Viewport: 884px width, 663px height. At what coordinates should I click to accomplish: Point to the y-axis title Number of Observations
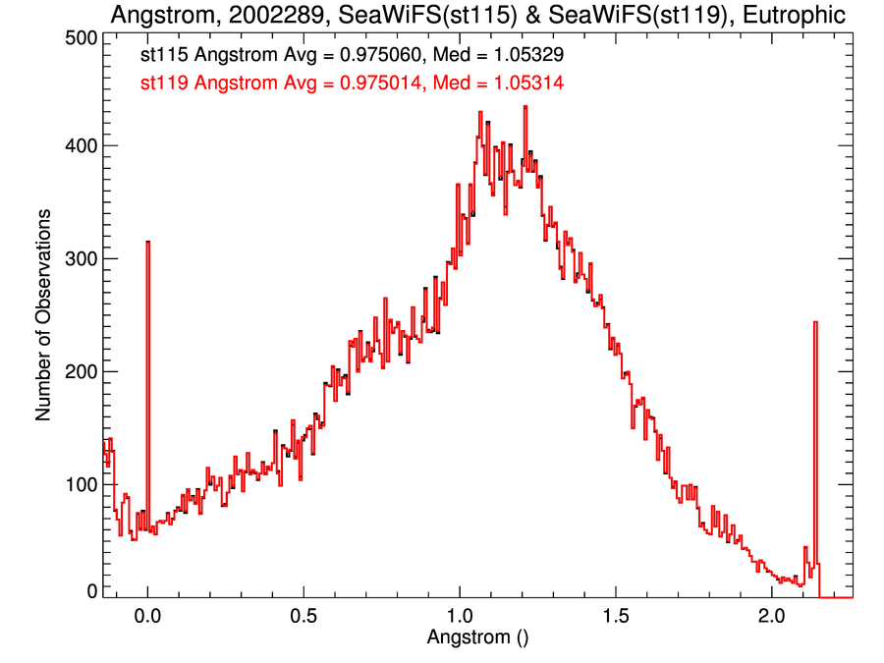click(43, 313)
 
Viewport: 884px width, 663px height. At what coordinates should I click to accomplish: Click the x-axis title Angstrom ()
click(478, 636)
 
